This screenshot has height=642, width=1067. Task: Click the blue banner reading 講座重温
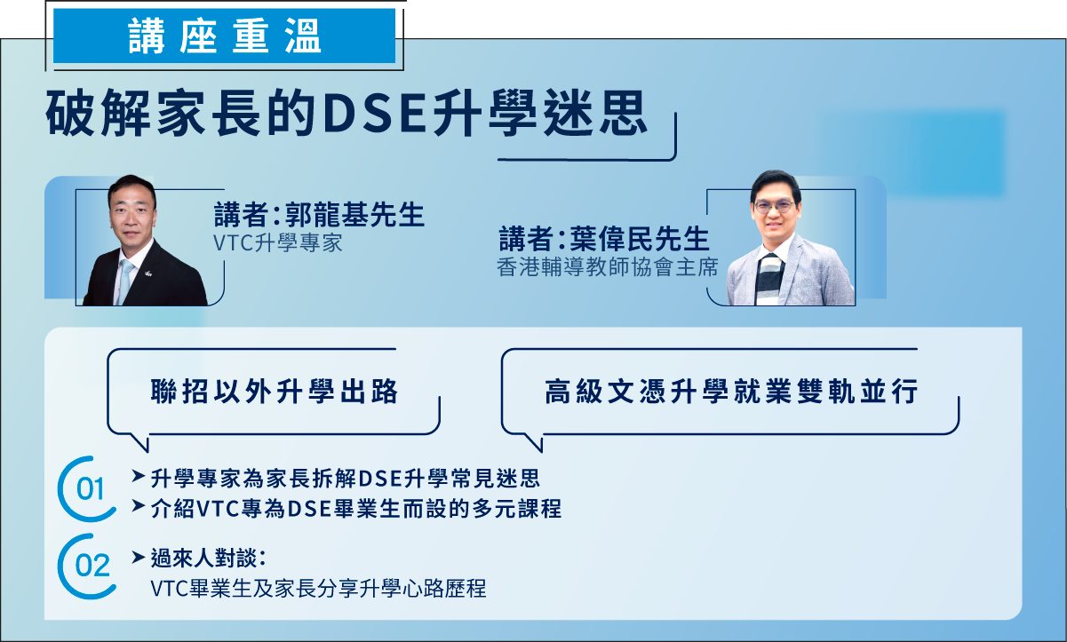coord(225,36)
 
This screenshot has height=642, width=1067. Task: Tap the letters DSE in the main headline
coord(374,114)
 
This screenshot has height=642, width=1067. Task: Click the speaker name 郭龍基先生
coord(354,214)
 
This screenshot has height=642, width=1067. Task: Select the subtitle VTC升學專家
coord(278,243)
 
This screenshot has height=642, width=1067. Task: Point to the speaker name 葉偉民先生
coord(640,238)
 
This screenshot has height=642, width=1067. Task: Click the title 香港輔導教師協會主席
coord(608,267)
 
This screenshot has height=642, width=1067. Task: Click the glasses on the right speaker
coord(774,207)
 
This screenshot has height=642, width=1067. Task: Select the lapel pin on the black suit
coord(148,273)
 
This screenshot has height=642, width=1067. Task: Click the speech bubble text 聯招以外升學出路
coord(275,392)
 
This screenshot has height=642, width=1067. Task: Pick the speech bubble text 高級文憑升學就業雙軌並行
coord(731,392)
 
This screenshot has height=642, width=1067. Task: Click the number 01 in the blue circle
coord(90,489)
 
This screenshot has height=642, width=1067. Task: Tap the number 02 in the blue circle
coord(92,566)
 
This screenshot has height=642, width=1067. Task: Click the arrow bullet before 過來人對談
coord(138,557)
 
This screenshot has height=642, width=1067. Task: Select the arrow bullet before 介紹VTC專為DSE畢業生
coord(138,506)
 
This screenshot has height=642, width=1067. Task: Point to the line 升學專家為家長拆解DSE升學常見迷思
coord(346,478)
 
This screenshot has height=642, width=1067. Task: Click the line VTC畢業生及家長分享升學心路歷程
coord(318,589)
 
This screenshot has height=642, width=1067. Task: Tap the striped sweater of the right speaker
coord(769,280)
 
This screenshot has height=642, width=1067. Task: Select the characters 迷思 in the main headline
coord(595,114)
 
